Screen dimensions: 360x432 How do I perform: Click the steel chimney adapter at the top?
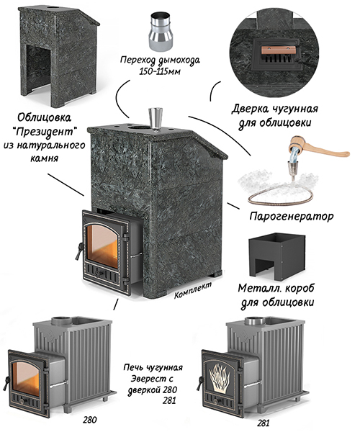click(161, 32)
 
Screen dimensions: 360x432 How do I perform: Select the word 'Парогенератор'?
click(292, 217)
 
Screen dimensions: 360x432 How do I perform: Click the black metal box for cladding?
click(276, 255)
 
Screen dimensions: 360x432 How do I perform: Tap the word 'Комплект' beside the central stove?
click(193, 290)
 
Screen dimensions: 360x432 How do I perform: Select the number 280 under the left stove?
click(90, 420)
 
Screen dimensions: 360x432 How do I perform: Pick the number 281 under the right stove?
click(263, 423)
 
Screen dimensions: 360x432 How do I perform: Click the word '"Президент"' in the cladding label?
click(45, 132)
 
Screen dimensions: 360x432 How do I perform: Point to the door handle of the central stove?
click(78, 251)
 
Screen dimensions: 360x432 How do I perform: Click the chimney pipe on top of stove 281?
click(255, 320)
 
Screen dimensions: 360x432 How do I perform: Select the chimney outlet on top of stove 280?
click(62, 321)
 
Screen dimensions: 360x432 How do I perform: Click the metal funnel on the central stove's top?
click(156, 119)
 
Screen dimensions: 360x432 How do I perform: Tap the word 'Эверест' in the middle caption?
click(152, 379)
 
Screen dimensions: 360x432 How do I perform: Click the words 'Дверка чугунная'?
click(274, 109)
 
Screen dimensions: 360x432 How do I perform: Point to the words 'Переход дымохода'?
click(160, 60)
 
